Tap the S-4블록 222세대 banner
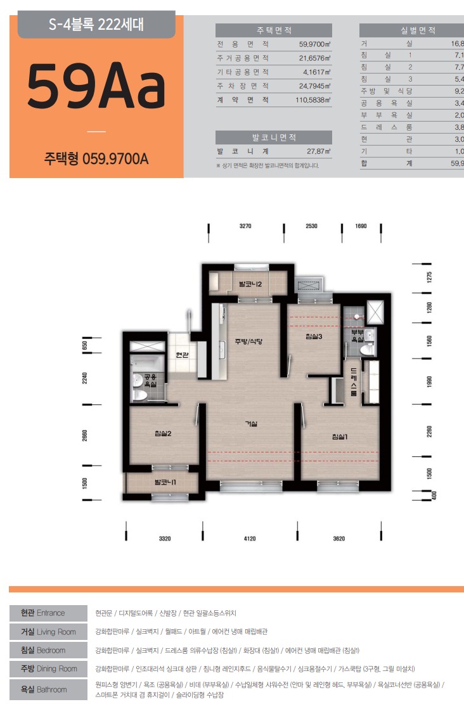96,26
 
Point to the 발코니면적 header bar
274,137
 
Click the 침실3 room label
314,336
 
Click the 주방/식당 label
248,342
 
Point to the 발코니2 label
250,284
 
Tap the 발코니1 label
165,483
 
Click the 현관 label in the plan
182,355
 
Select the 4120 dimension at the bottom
249,539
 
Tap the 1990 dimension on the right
429,381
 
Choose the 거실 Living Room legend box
48,632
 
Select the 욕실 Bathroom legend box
48,689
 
